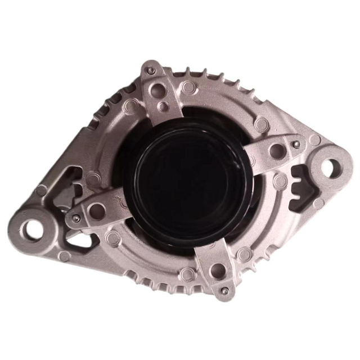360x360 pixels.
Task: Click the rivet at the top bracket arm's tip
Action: (x=151, y=70)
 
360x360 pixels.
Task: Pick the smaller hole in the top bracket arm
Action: (x=164, y=105)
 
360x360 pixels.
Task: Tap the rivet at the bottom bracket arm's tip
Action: (x=225, y=291)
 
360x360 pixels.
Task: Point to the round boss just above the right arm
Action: (x=260, y=123)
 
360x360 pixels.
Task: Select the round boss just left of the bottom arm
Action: (x=187, y=274)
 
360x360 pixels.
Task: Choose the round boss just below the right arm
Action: (x=280, y=181)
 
